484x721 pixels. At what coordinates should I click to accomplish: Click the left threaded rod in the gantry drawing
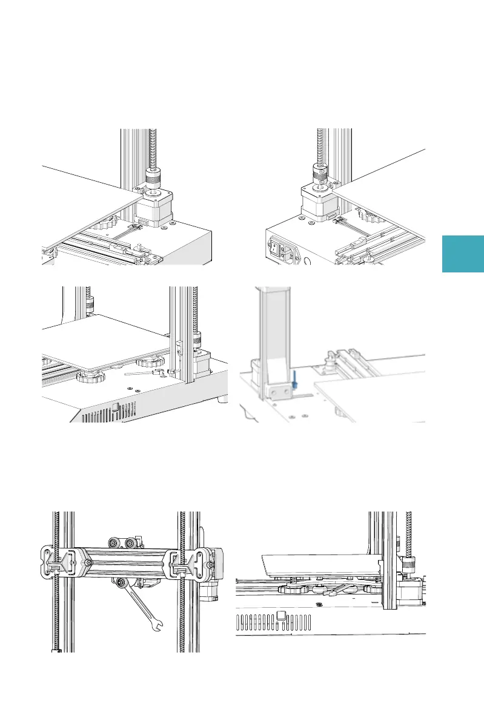click(x=56, y=581)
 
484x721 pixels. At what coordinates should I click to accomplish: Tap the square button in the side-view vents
click(x=280, y=616)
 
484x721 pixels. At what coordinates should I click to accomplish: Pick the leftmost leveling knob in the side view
click(x=291, y=588)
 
